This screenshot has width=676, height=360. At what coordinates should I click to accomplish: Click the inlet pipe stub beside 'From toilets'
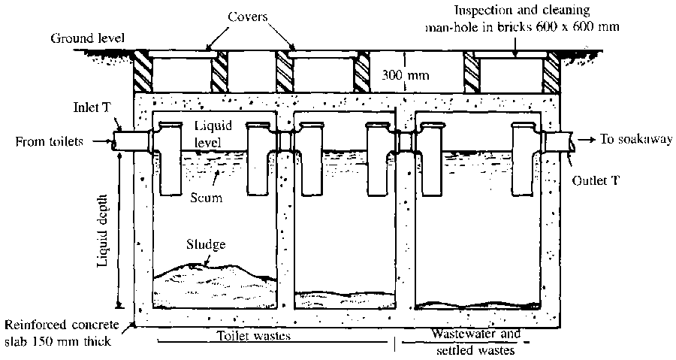126,141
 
